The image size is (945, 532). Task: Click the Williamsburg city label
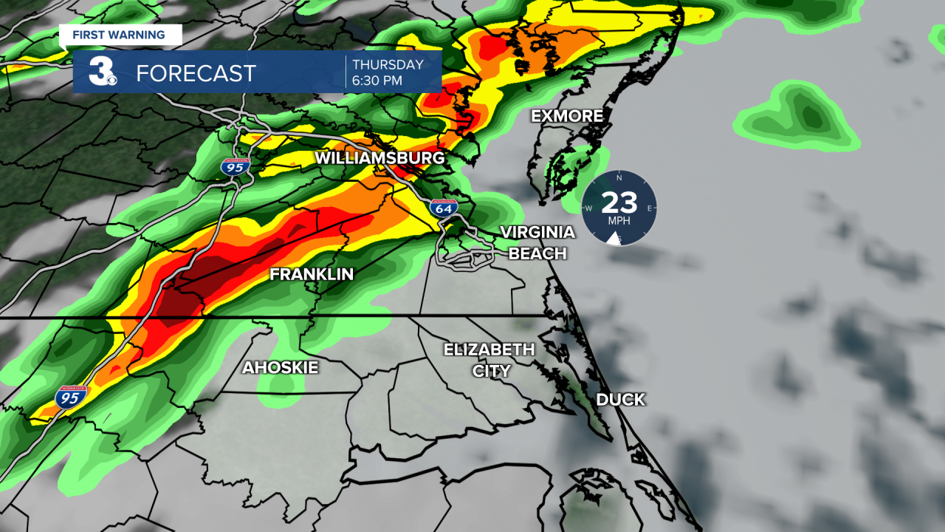[x=379, y=158]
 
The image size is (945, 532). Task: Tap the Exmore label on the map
[x=567, y=116]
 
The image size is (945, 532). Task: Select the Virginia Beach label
[x=537, y=243]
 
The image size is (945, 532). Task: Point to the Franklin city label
[x=312, y=275]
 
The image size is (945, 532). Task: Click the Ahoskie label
[x=281, y=367]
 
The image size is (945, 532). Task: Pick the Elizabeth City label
[x=489, y=360]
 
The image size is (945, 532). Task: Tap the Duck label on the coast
[x=620, y=400]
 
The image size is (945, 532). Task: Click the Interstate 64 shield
[x=444, y=208]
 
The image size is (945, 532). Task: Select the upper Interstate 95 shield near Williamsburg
[x=235, y=166]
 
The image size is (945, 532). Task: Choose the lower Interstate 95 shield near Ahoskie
[x=71, y=397]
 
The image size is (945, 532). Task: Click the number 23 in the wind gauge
[x=619, y=202]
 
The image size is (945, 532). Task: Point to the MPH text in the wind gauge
[x=619, y=221]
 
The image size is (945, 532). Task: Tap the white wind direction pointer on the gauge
[x=613, y=236]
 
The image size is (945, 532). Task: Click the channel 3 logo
[x=102, y=71]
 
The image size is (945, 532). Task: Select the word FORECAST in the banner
[x=196, y=73]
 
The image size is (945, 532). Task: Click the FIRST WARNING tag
[x=118, y=35]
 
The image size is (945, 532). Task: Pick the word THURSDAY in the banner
[x=388, y=64]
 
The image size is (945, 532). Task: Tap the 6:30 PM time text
[x=377, y=81]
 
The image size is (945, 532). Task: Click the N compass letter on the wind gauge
[x=619, y=178]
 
